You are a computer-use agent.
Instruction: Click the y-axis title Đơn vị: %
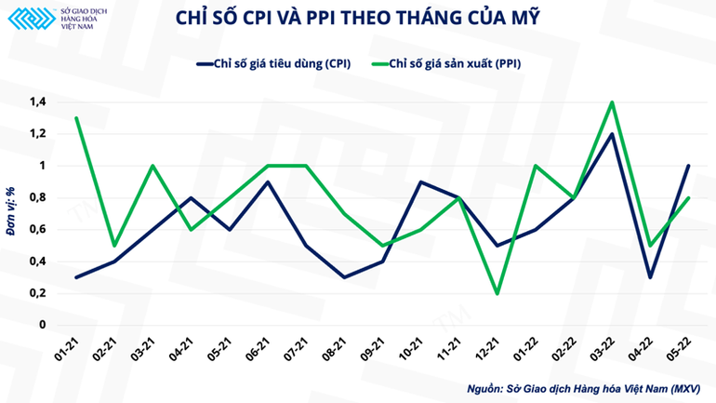pos(11,213)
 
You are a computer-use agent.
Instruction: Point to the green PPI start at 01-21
pos(76,118)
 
